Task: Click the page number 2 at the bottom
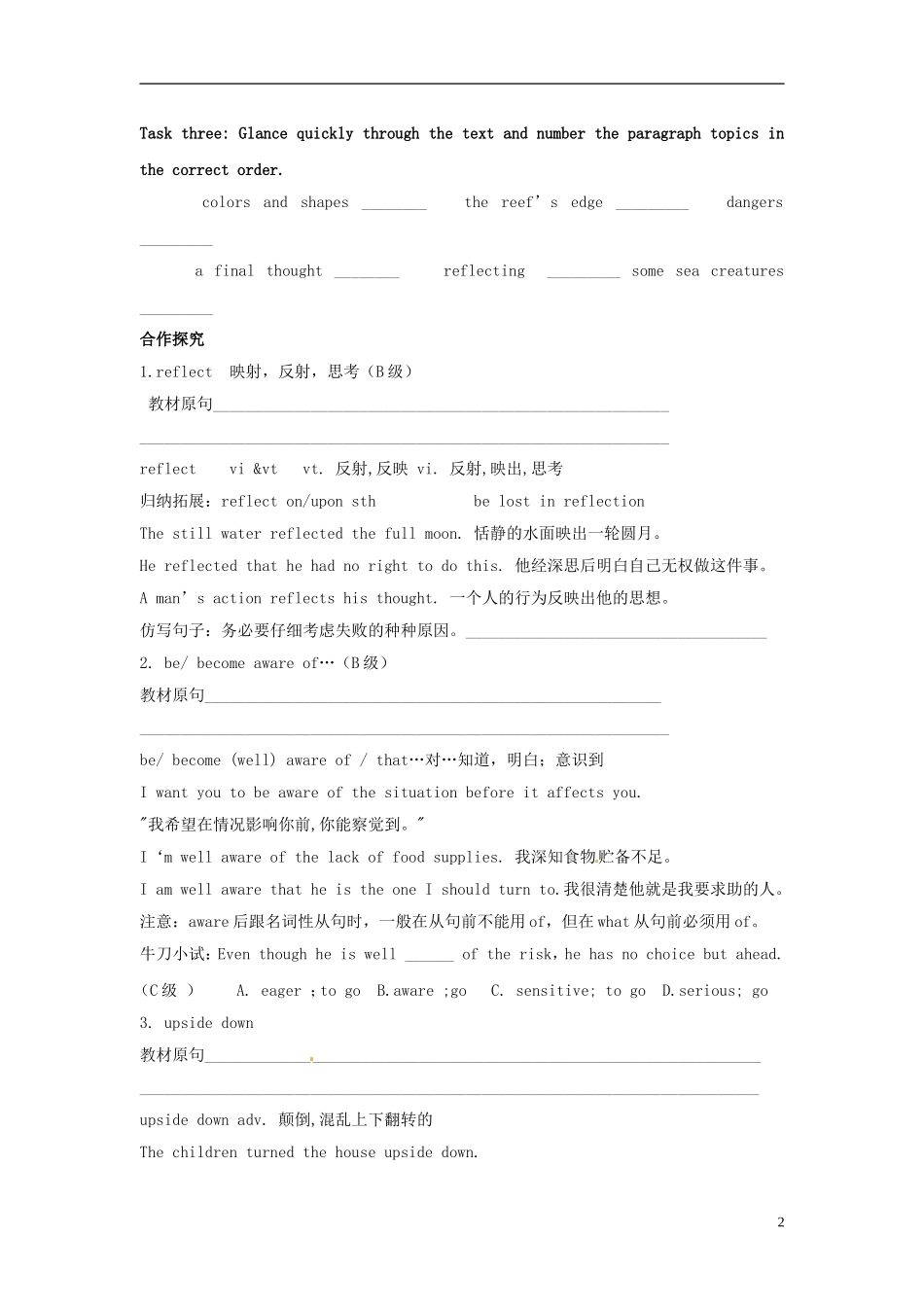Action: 780,1222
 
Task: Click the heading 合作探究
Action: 172,339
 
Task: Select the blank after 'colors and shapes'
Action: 394,204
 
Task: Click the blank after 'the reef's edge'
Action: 652,204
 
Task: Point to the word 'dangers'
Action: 754,203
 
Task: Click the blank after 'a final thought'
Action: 367,273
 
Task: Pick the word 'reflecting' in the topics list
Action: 483,271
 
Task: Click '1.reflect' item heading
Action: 176,371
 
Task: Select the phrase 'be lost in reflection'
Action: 558,502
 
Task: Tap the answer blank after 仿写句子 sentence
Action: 616,634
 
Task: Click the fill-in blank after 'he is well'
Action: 429,957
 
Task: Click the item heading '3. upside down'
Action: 196,1023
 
